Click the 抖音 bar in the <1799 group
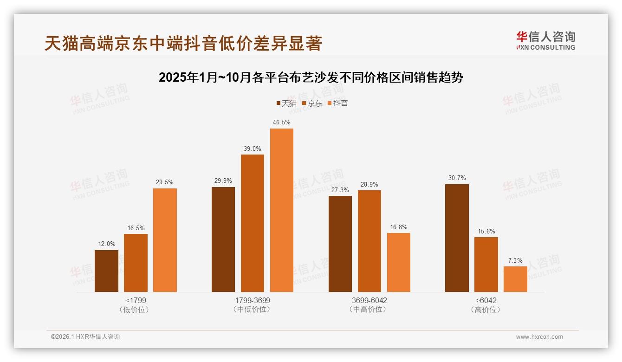(x=165, y=240)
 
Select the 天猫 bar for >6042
(x=457, y=238)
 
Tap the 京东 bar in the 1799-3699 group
(x=252, y=223)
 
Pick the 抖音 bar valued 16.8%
(x=398, y=262)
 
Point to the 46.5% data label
(x=281, y=123)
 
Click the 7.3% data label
(x=515, y=260)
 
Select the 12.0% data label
(x=106, y=244)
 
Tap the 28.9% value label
(x=369, y=184)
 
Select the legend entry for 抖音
(x=337, y=103)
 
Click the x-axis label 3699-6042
(x=369, y=300)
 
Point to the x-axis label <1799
(x=136, y=300)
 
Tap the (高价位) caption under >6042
(x=486, y=310)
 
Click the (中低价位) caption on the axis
(x=252, y=310)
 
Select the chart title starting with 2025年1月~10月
(x=311, y=78)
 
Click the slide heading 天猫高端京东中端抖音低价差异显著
(x=183, y=44)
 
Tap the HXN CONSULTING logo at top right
(x=545, y=40)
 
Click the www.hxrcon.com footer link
(x=539, y=337)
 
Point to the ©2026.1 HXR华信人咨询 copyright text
(x=85, y=337)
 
